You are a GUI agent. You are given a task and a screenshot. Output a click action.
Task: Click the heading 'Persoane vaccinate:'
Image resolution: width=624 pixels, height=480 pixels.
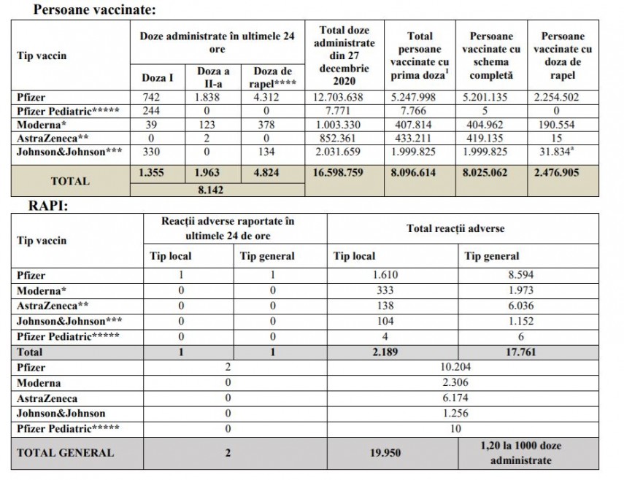point(93,10)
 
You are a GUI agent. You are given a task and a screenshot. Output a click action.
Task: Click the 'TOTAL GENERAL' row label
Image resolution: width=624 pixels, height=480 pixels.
point(65,452)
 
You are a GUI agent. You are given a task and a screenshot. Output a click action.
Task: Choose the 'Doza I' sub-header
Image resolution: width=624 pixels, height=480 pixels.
point(156,77)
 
